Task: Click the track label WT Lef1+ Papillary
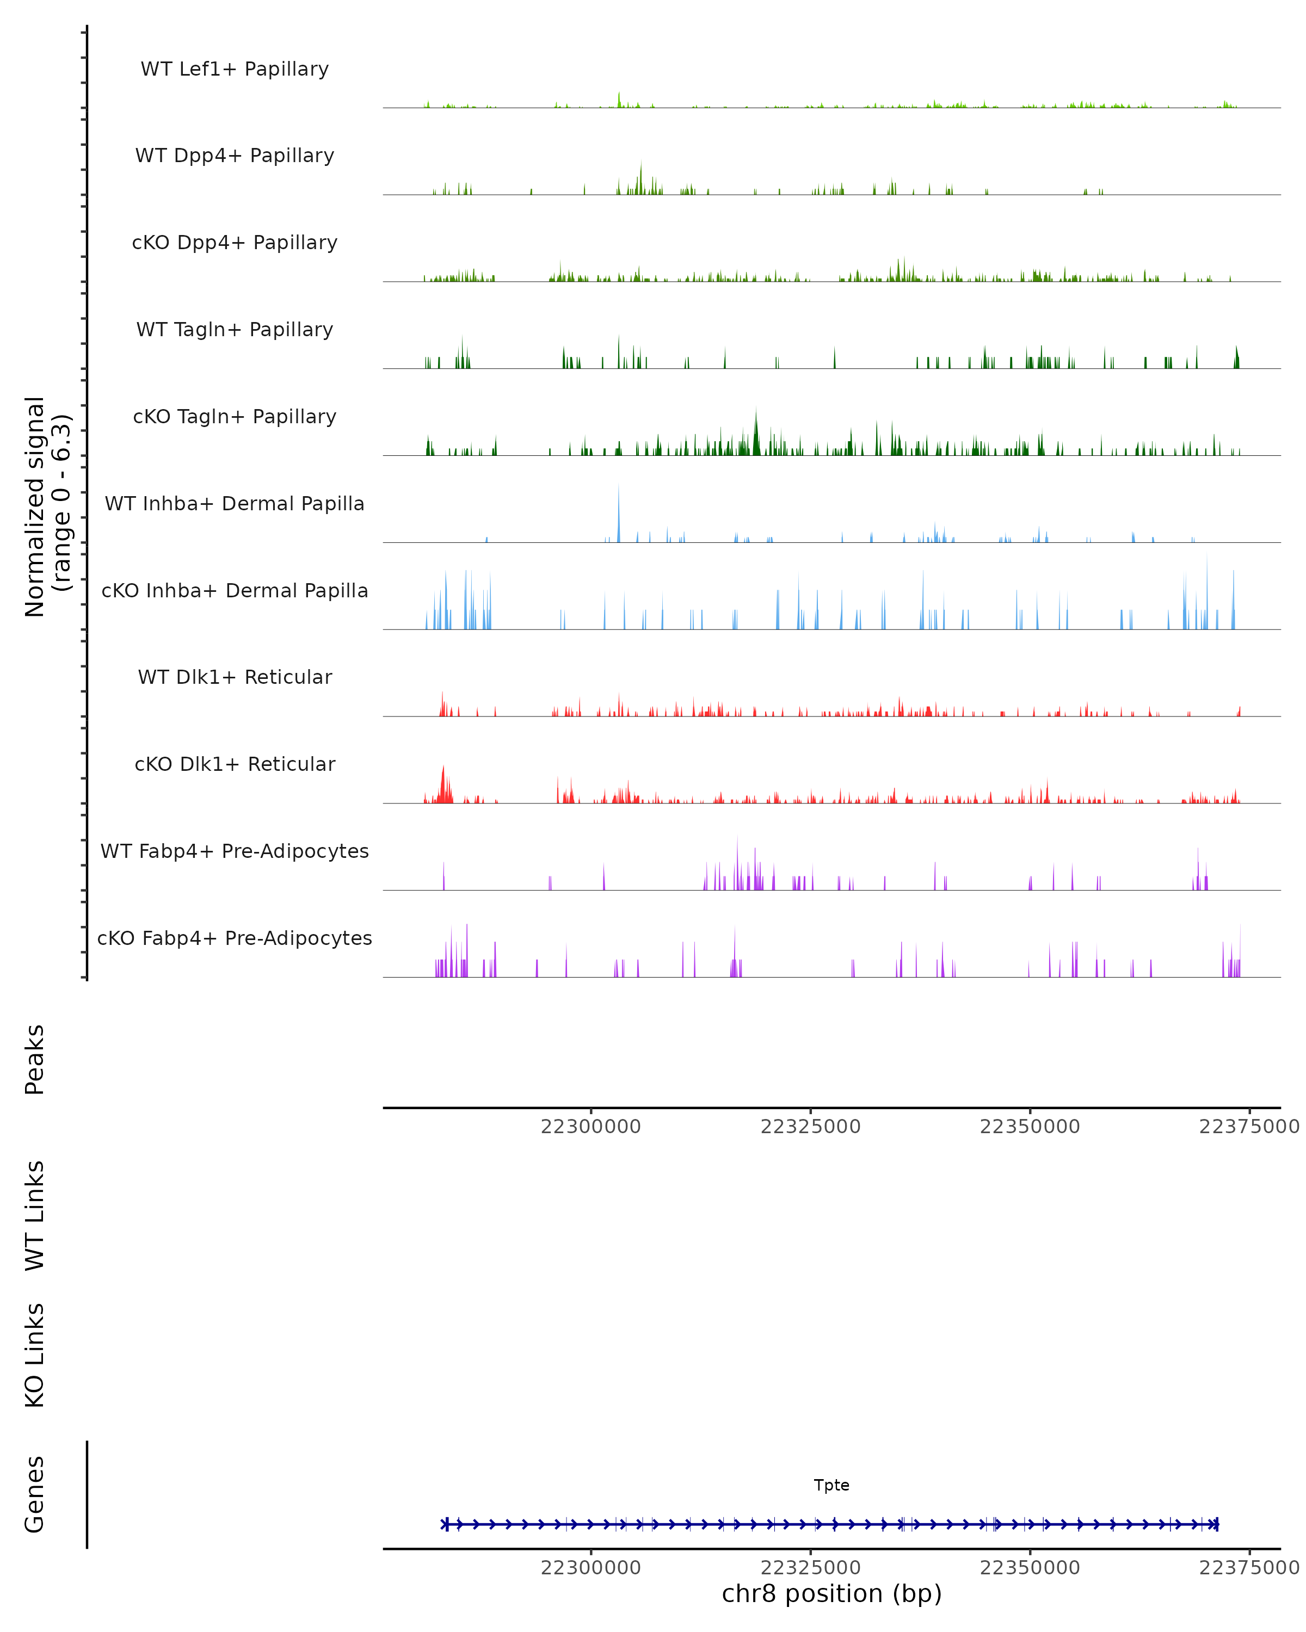click(x=235, y=69)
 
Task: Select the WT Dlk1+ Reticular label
click(x=235, y=677)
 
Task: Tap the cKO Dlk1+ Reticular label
click(x=235, y=764)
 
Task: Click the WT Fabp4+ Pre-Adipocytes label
click(x=235, y=851)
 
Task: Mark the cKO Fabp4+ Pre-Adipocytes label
click(x=235, y=938)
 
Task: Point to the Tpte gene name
click(x=831, y=1485)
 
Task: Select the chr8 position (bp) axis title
click(x=831, y=1593)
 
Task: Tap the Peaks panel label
click(x=35, y=1059)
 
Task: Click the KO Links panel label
click(x=35, y=1356)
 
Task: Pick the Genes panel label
click(x=35, y=1494)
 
